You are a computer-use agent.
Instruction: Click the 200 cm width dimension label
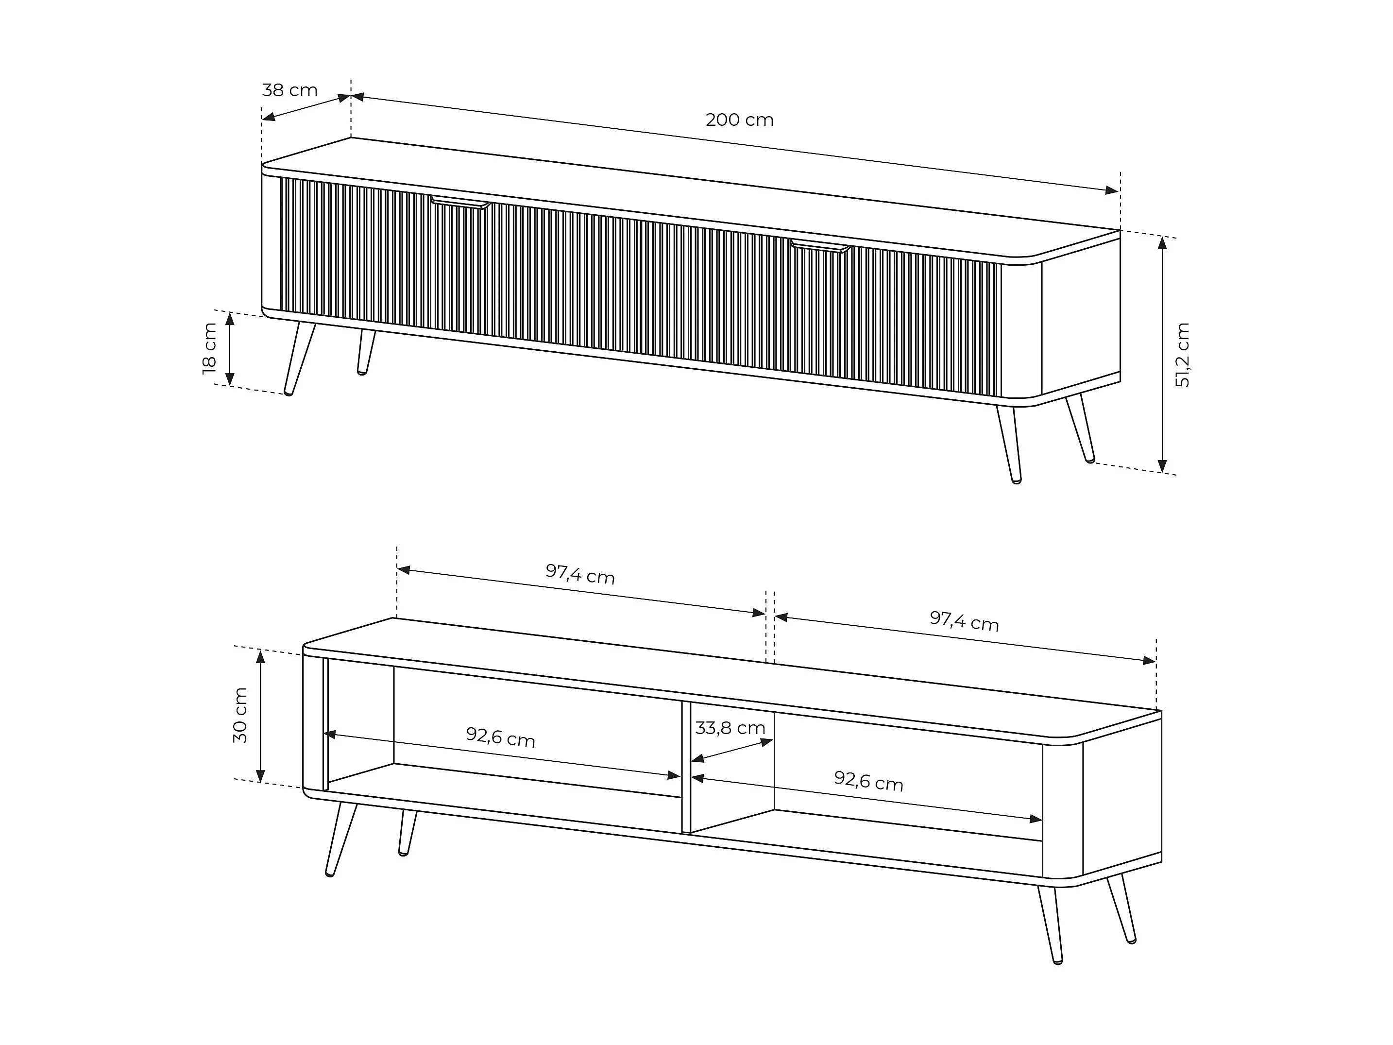point(739,120)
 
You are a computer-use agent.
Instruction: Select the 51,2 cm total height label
point(1182,355)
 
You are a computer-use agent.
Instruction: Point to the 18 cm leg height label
point(210,348)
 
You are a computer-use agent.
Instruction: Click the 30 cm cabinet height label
point(240,715)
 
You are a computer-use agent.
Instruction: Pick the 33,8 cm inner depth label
point(730,728)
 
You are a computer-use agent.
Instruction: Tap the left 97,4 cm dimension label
point(580,574)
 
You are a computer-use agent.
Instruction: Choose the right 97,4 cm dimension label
point(964,621)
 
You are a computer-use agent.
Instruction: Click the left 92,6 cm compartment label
point(501,737)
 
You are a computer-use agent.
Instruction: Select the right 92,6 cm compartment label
point(868,781)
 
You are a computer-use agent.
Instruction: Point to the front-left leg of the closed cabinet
point(300,359)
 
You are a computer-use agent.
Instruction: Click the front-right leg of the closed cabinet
point(1008,444)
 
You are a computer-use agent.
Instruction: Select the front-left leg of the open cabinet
point(340,839)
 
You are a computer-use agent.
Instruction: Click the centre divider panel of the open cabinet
point(686,767)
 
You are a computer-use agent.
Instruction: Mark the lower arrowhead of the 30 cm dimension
point(260,775)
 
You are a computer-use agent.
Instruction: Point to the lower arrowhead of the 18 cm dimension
point(230,378)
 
